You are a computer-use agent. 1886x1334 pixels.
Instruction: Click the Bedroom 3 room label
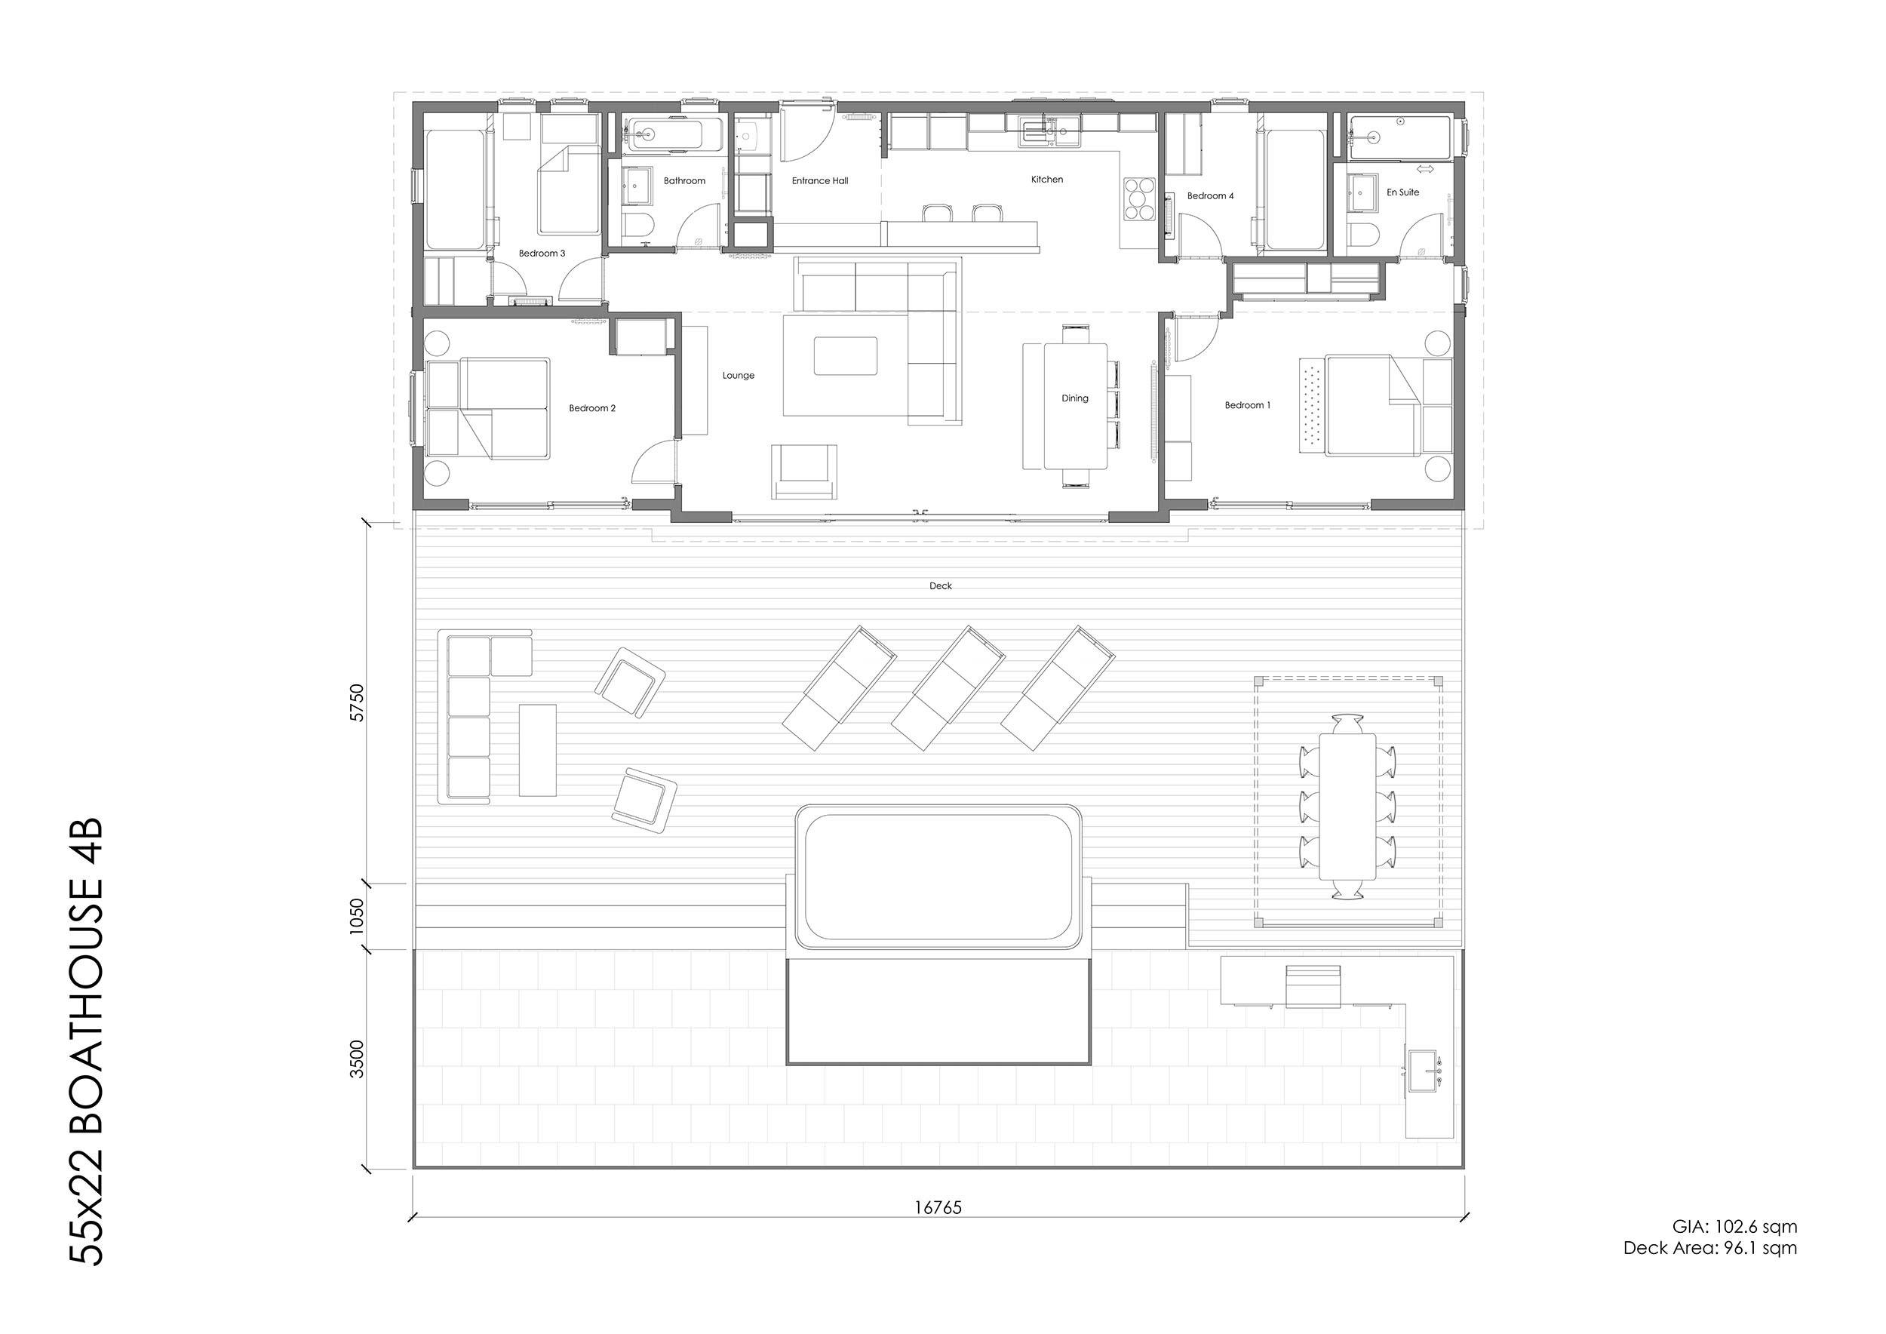[x=542, y=253]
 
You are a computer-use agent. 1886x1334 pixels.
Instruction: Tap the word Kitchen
[x=1046, y=179]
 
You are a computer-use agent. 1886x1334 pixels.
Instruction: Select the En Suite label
[x=1403, y=192]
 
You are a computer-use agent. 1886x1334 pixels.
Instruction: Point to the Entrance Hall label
[x=820, y=181]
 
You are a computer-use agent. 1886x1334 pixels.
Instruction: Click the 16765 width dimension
[x=938, y=1207]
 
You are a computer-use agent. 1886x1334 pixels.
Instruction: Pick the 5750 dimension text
[x=357, y=702]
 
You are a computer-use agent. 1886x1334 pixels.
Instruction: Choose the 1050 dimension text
[x=357, y=916]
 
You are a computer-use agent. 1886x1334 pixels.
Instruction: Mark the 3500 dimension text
[x=357, y=1059]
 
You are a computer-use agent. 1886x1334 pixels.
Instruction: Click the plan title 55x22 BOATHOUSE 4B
[x=85, y=1040]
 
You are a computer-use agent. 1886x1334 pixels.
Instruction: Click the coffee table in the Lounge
[x=845, y=355]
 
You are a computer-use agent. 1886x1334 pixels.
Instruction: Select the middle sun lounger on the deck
[x=948, y=687]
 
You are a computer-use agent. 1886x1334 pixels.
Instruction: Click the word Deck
[x=941, y=586]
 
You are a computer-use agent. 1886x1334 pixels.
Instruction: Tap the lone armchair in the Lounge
[x=804, y=472]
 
